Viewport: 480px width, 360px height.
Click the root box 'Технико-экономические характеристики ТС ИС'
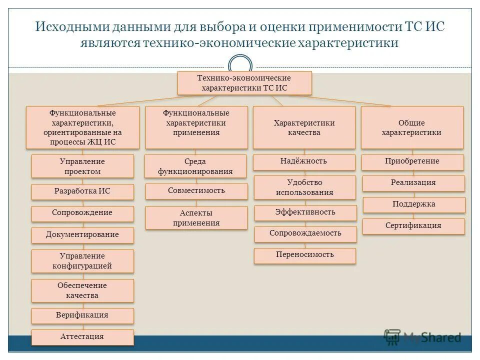tap(244, 83)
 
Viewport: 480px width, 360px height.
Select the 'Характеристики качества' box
tap(304, 127)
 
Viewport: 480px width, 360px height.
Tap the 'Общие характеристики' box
tap(411, 127)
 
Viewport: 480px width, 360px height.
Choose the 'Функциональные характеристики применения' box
tap(196, 127)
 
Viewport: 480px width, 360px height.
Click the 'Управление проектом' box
tap(82, 166)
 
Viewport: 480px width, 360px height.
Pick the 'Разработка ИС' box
tap(82, 191)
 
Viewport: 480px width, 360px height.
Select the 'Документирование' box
tap(82, 234)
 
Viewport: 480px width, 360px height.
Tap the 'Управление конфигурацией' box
tap(82, 261)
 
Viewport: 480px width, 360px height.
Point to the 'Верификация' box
tap(82, 315)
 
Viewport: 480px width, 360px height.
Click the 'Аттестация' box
tap(82, 336)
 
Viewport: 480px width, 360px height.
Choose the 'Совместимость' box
tap(196, 191)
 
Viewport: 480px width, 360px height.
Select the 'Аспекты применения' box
tap(196, 218)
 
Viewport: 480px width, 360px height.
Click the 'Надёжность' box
tap(304, 161)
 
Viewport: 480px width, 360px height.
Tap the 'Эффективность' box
tap(305, 212)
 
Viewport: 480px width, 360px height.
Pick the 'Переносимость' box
tap(305, 255)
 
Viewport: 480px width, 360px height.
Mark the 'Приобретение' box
tap(412, 161)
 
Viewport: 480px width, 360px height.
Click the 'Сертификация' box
tap(413, 226)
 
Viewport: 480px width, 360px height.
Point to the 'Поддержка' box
tap(413, 204)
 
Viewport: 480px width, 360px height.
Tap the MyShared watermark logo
tap(422, 337)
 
